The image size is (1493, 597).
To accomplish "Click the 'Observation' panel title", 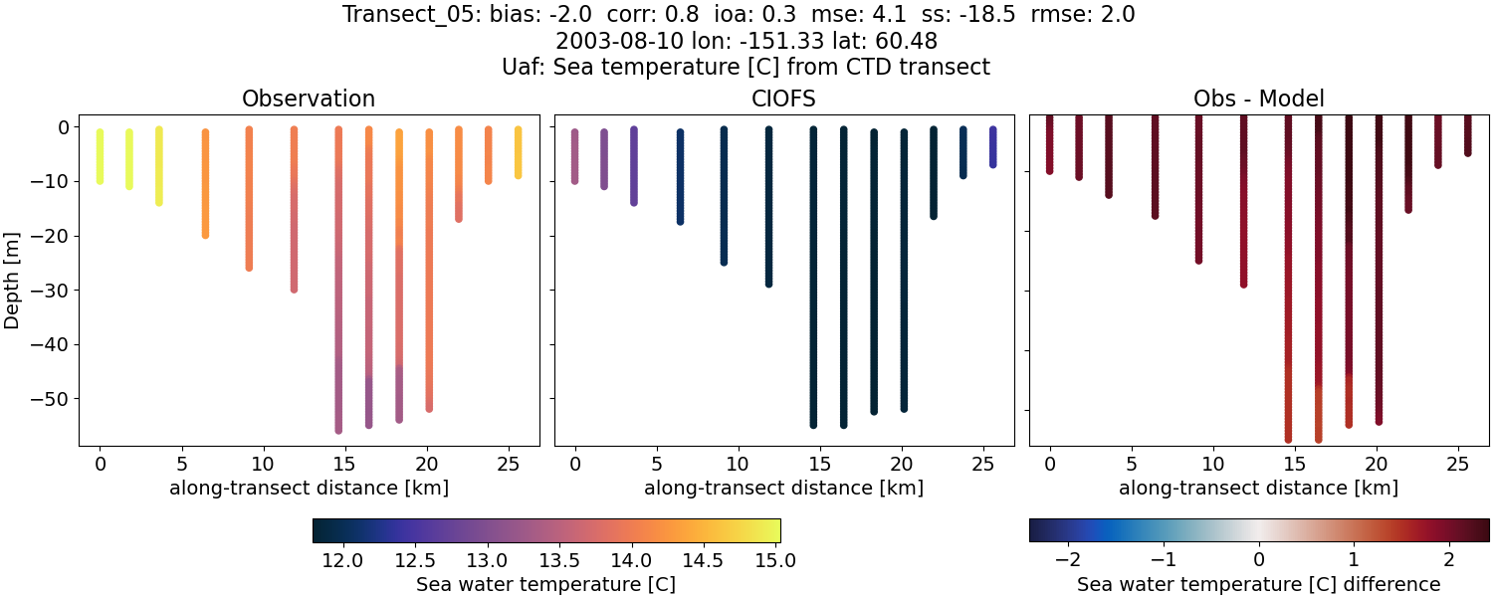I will [309, 99].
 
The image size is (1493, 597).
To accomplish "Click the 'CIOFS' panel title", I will [783, 99].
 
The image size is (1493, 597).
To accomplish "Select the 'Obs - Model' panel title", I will [1258, 99].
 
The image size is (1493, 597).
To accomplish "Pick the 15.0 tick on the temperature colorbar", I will [774, 560].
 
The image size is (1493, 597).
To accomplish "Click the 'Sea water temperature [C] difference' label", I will [1258, 584].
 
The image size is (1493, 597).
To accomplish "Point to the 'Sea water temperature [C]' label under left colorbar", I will [545, 584].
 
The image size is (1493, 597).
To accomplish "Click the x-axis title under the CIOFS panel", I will [783, 489].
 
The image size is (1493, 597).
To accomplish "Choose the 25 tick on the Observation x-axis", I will [509, 464].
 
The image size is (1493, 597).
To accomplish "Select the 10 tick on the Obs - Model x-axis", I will [1213, 464].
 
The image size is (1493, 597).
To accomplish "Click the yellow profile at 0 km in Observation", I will [100, 155].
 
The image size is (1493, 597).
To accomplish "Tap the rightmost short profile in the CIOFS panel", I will [993, 146].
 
